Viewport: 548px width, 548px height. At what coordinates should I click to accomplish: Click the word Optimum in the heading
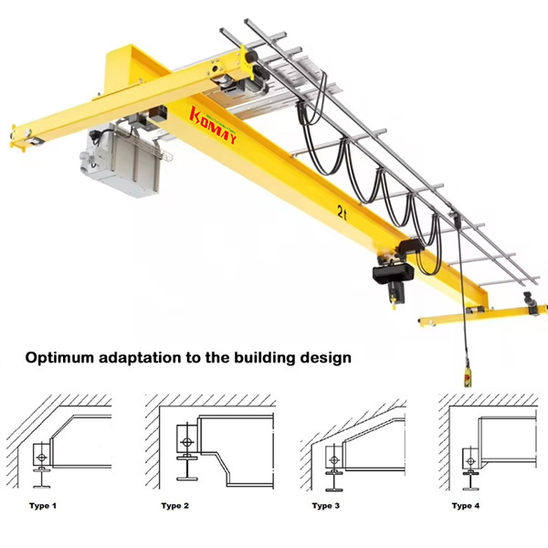[x=60, y=358]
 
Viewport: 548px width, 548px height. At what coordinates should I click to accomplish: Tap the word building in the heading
[x=258, y=358]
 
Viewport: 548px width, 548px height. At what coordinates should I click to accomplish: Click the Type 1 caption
[x=41, y=505]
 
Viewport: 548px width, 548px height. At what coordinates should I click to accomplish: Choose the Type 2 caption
[x=175, y=505]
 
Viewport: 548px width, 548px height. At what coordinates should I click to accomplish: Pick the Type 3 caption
[x=326, y=505]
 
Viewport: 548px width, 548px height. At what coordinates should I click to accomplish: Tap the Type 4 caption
[x=465, y=505]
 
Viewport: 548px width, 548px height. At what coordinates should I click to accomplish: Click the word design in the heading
[x=325, y=358]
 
